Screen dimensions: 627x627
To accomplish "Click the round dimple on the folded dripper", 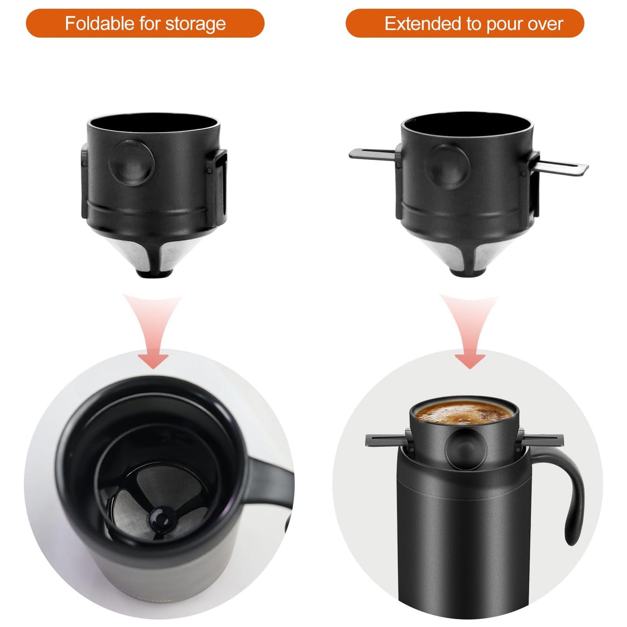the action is pos(131,163).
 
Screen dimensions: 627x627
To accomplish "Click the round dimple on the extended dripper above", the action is pos(448,167).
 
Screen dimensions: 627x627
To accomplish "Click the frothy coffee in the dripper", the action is pos(464,412).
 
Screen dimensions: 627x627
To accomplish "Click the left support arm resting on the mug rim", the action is pos(386,440).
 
